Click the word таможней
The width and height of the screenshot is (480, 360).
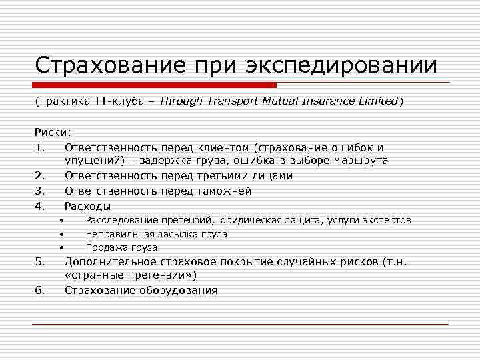[x=223, y=191]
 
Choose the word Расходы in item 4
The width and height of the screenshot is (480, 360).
[x=88, y=206]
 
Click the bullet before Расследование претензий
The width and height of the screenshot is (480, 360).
[x=60, y=221]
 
